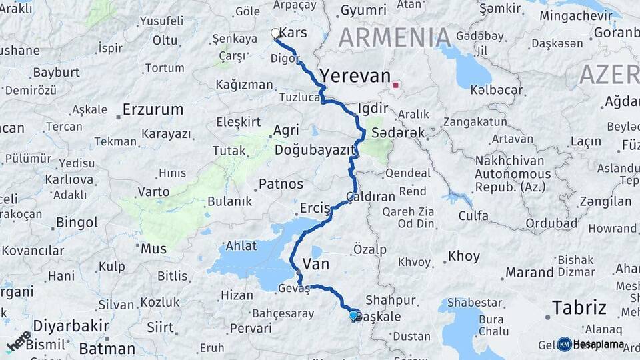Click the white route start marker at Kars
tap(275, 33)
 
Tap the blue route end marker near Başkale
tap(353, 315)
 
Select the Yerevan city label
tap(355, 76)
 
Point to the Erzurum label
tap(153, 109)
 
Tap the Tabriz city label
tap(579, 307)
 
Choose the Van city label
tap(316, 264)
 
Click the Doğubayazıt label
tap(313, 150)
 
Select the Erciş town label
tap(315, 208)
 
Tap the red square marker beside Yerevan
tap(396, 85)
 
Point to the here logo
tap(19, 341)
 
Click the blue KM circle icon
tap(564, 344)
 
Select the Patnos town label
tap(281, 184)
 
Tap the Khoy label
tap(463, 256)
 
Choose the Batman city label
tap(107, 348)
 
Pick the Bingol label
tap(77, 222)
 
